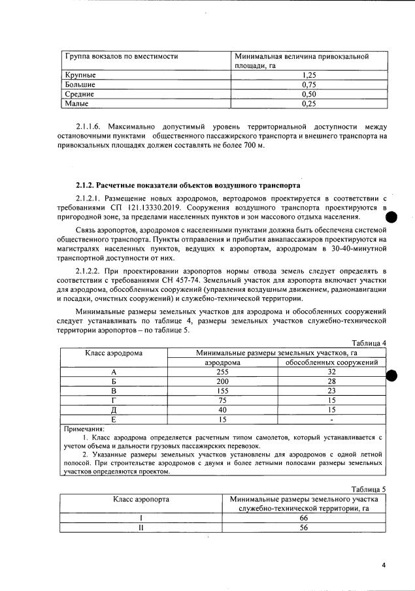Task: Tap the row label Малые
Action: coord(76,103)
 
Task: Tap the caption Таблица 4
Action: coord(369,343)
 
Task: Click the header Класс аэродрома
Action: coord(114,353)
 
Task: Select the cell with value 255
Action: coord(223,372)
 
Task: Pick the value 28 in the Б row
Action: coord(331,381)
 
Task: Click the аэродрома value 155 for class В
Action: coord(223,391)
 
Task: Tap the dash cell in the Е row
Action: coord(331,419)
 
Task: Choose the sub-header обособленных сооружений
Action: coord(331,362)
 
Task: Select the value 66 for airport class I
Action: coord(304,517)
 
